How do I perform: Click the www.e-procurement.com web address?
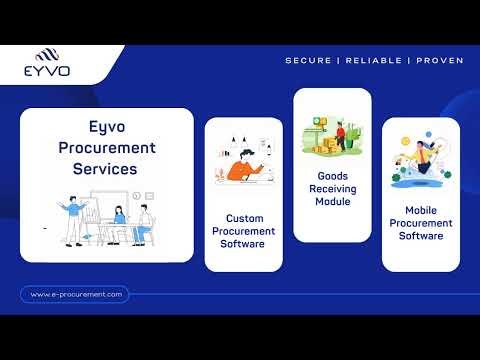tap(76, 294)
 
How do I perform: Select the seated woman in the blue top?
tap(120, 222)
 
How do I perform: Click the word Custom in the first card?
tap(244, 217)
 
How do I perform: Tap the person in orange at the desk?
tap(242, 167)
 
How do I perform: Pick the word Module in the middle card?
tap(332, 200)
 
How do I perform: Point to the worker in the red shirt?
tap(341, 135)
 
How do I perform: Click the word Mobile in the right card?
tap(421, 211)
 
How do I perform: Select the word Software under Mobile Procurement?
tap(421, 238)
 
